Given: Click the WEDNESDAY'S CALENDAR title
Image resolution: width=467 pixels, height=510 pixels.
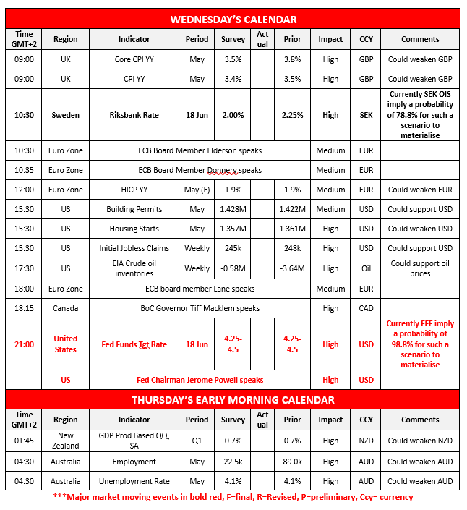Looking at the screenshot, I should click(233, 19).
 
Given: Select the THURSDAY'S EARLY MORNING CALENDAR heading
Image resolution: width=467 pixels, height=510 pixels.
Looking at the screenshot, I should click(233, 399).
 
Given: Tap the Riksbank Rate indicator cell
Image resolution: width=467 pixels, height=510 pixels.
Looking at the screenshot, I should click(134, 115).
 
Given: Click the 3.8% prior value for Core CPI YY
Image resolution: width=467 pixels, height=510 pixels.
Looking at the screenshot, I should click(292, 59).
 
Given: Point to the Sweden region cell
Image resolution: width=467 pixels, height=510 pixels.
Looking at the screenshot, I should click(66, 115).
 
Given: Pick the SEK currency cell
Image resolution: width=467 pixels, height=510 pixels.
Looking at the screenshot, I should click(366, 115).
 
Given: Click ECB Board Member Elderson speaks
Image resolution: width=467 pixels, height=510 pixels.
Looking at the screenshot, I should click(200, 150).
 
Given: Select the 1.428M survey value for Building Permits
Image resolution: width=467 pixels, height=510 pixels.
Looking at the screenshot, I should click(233, 209).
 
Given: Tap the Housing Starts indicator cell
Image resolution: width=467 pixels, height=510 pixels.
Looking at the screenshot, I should click(134, 229).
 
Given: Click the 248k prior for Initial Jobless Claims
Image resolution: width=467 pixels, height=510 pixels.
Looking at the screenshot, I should click(292, 248).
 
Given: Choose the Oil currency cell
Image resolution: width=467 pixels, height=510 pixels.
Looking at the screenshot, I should click(366, 268).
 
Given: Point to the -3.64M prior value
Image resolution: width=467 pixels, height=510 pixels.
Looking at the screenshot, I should click(292, 268).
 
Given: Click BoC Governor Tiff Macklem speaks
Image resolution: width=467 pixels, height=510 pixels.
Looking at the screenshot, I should click(200, 308).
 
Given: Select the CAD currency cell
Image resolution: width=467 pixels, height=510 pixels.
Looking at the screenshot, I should click(366, 308).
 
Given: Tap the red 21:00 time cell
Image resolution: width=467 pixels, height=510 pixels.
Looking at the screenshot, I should click(24, 344).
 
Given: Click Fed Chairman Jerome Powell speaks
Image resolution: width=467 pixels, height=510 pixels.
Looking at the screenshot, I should click(200, 380).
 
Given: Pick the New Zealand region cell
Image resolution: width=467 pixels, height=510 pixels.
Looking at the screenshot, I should click(66, 441).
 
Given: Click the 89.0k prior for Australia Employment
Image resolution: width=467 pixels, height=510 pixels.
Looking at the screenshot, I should click(292, 462).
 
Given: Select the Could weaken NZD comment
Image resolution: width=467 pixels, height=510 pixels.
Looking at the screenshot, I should click(420, 441).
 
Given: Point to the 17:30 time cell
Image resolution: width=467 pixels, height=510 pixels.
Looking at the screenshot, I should click(24, 268).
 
